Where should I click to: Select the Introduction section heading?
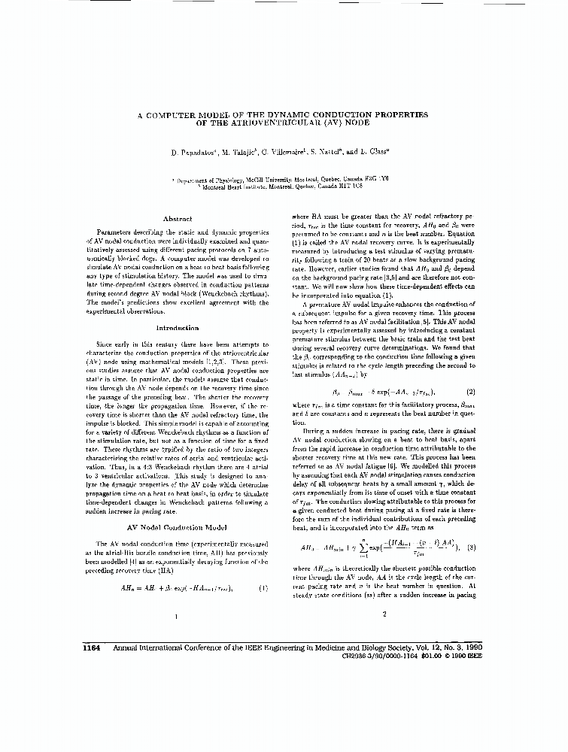[178, 328]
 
